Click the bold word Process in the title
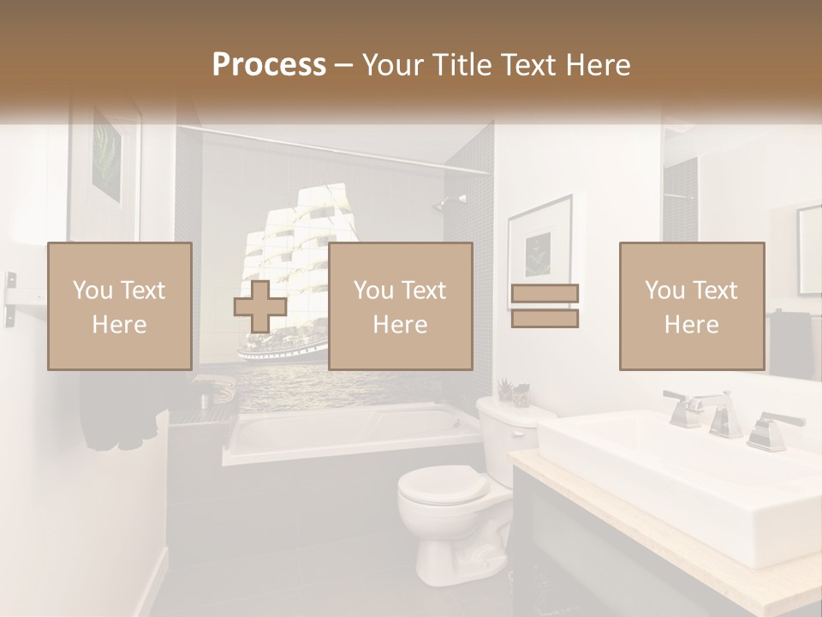click(x=269, y=65)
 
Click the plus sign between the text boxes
click(x=260, y=307)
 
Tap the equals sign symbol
click(x=545, y=306)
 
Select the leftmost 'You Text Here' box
click(x=120, y=307)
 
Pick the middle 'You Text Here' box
click(x=401, y=307)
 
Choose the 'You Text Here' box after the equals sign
click(x=692, y=307)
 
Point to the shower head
click(x=442, y=203)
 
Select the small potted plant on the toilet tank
click(x=513, y=392)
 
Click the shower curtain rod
click(x=342, y=146)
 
